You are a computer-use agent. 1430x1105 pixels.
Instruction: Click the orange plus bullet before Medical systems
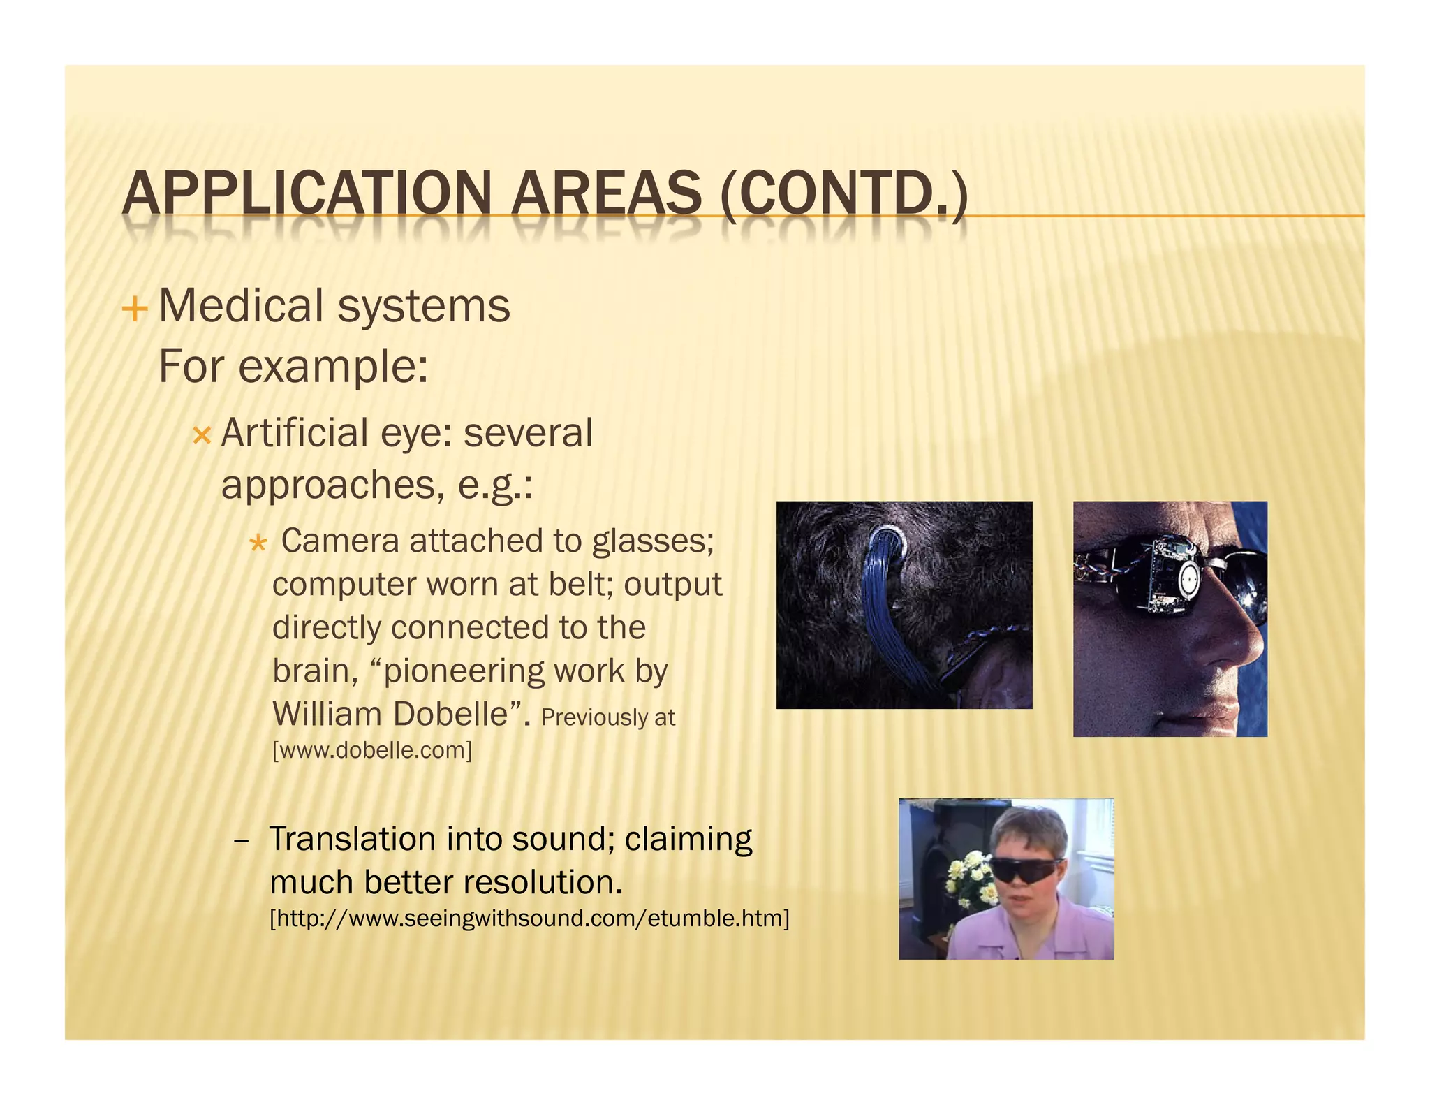[135, 309]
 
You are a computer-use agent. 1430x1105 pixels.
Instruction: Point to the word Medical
[241, 306]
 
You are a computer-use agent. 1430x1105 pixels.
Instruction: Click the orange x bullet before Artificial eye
[201, 437]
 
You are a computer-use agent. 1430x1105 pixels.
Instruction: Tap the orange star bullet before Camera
[258, 543]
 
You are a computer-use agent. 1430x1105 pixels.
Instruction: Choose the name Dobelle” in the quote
[457, 714]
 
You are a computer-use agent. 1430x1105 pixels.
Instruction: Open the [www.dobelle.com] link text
[371, 750]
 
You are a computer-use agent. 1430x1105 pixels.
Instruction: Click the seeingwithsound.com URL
[529, 918]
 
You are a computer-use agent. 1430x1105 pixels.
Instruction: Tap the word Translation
[353, 839]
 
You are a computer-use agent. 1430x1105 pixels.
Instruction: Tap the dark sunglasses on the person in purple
[1023, 870]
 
